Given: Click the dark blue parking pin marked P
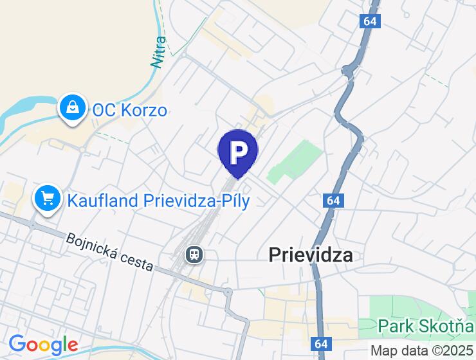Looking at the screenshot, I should (x=238, y=152).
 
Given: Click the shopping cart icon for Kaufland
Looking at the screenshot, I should (x=48, y=198).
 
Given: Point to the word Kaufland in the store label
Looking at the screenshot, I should (x=102, y=201).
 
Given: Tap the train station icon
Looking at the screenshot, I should (x=194, y=255).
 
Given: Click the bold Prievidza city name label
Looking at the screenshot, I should (x=310, y=255).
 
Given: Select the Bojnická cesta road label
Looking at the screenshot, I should (x=109, y=251).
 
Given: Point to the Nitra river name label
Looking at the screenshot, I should (x=158, y=52).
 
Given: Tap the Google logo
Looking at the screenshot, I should (x=43, y=345).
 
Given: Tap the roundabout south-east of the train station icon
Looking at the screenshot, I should (x=228, y=292).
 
